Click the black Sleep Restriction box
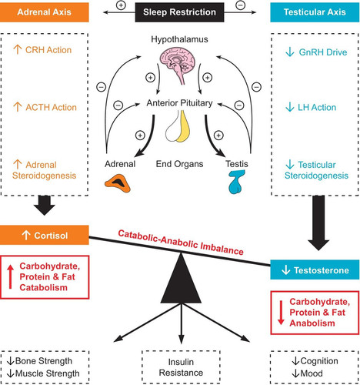pos(179,12)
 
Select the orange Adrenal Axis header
pos(45,12)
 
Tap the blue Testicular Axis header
pos(315,12)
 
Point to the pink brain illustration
pos(178,65)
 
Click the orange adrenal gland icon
pos(118,183)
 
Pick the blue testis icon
pos(236,182)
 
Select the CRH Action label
pos(42,50)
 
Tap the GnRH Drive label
pos(316,52)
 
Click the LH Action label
pos(311,107)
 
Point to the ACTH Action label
pos(45,107)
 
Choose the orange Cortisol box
pos(45,235)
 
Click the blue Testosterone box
pos(315,269)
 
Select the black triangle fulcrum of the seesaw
pos(181,279)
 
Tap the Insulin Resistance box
pos(181,367)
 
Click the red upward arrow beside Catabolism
pos(10,276)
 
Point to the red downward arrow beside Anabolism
pos(281,313)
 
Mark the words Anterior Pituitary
pos(179,103)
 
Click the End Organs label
pos(179,164)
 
